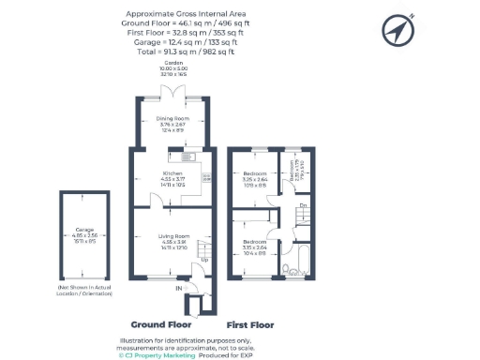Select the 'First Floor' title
[251, 324]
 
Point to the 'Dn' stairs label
[303, 205]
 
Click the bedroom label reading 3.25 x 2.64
[255, 177]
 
